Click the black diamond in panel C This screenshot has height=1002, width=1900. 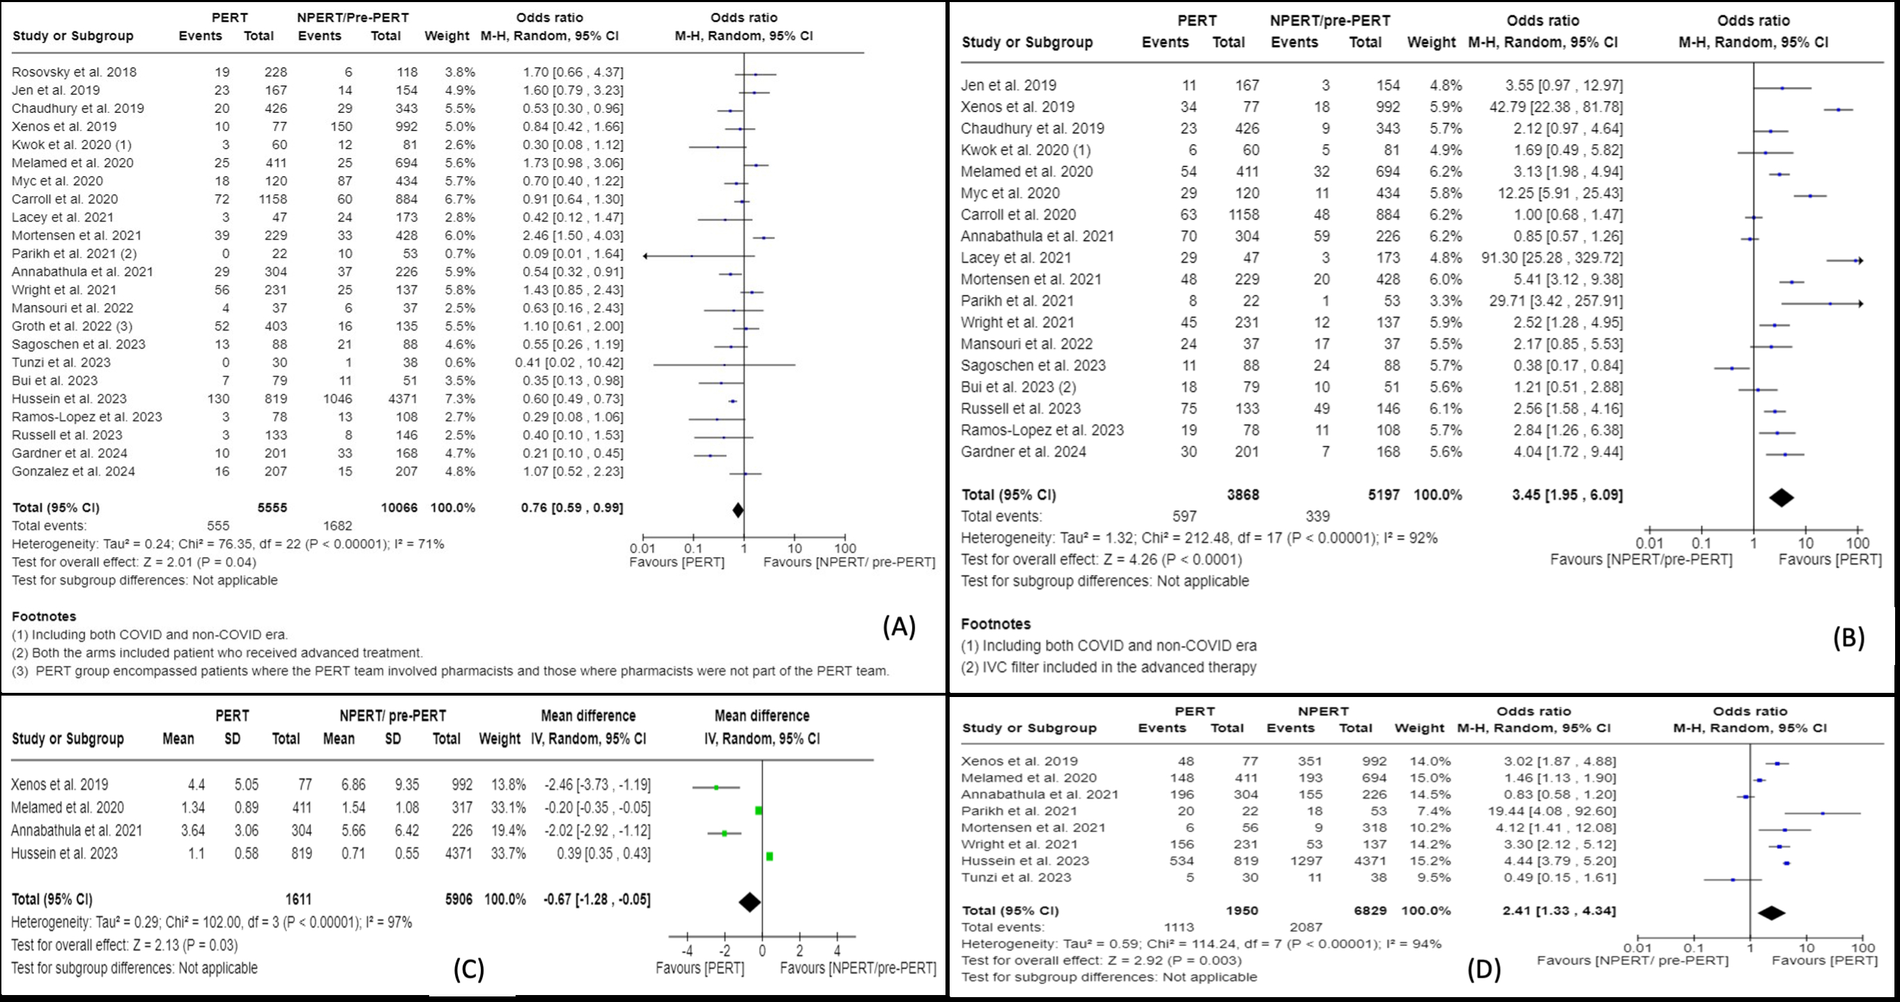pos(750,902)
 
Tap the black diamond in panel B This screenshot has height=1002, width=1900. pos(1782,498)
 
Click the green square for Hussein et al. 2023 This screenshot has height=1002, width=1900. pos(769,856)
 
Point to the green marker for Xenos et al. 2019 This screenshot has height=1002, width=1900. pos(716,788)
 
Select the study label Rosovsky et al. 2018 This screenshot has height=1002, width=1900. pos(75,72)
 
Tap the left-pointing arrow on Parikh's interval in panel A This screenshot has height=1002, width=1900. pos(646,256)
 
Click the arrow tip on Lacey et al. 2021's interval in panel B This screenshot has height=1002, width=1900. pos(1860,260)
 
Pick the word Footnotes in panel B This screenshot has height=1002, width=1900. pos(995,624)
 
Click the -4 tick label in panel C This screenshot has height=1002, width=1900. pos(687,951)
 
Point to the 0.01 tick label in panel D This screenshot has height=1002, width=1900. pos(1637,948)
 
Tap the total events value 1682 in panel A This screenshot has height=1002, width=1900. pos(337,526)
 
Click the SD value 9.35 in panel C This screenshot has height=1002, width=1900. pos(393,785)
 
